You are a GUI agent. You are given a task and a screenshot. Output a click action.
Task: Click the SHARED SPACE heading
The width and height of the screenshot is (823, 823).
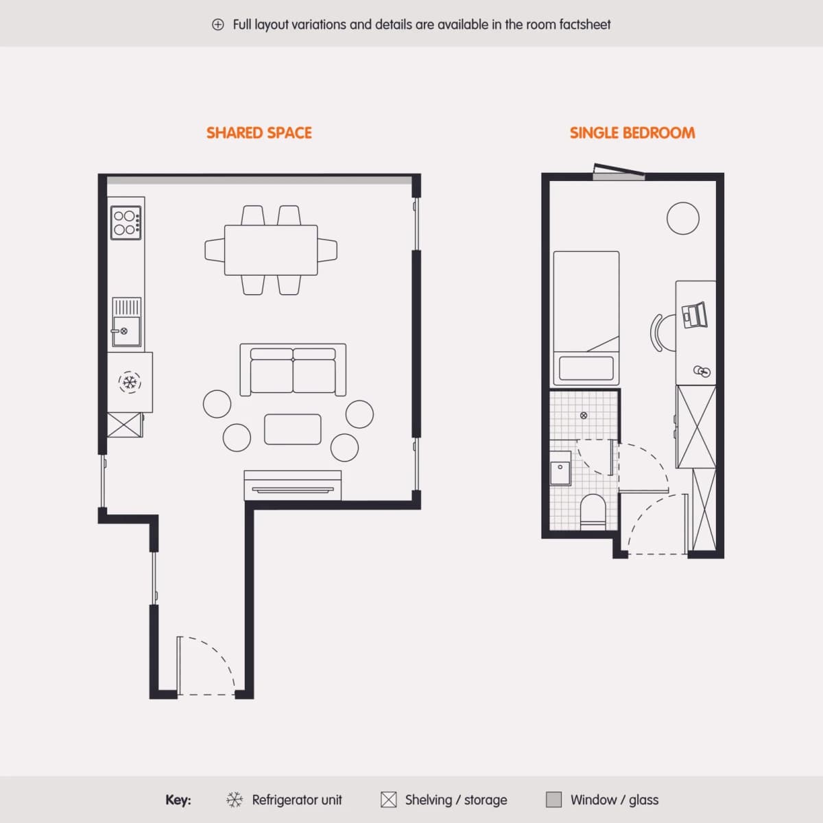(259, 133)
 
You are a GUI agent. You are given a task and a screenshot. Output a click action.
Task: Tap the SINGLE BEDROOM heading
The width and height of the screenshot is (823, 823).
(632, 133)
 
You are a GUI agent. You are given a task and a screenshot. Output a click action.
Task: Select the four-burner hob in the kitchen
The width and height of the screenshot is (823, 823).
(126, 222)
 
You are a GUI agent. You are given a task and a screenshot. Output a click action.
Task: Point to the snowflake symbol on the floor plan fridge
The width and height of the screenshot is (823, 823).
(130, 382)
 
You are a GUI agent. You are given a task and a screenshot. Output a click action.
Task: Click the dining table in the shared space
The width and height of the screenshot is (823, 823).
(271, 250)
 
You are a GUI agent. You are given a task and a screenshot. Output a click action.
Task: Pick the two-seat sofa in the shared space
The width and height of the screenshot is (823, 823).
(293, 370)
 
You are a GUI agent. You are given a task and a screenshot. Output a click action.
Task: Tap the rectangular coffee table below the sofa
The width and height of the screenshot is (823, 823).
(293, 429)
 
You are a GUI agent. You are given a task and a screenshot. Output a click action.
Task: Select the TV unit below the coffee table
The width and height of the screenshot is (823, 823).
(293, 485)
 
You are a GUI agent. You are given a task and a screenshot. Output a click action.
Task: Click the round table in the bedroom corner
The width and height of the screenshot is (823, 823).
(683, 218)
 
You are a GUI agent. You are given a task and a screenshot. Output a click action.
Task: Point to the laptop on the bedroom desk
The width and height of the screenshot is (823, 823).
(695, 315)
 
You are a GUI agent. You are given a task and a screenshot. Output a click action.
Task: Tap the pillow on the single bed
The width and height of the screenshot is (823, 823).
(586, 368)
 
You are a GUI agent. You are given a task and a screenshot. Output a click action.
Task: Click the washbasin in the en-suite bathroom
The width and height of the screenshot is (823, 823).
(560, 468)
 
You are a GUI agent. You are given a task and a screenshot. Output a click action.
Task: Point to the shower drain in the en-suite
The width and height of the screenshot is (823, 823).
(584, 415)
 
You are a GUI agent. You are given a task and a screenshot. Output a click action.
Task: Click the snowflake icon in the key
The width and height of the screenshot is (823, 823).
(235, 800)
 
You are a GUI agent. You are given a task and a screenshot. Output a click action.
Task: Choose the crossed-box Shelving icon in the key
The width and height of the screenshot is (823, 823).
(388, 800)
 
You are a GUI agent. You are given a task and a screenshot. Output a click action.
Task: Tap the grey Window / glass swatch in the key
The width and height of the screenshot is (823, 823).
(553, 800)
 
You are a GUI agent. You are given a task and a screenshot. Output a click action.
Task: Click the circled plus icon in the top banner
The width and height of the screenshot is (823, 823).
(218, 24)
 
